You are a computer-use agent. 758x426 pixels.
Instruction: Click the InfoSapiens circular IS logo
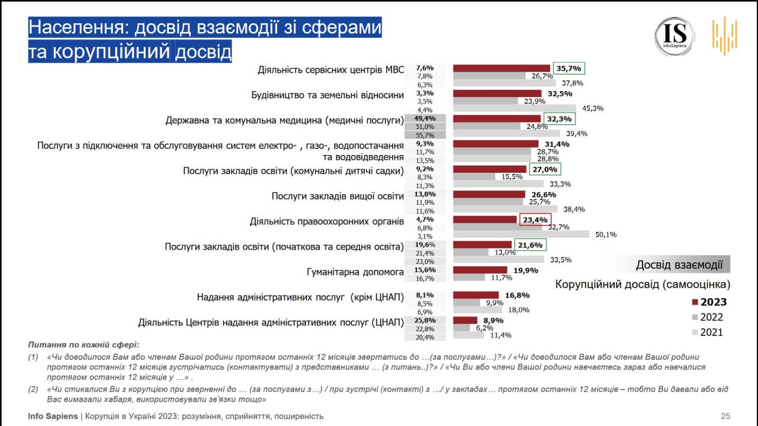click(x=674, y=36)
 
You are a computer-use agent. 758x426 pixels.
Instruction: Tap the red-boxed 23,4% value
click(x=535, y=220)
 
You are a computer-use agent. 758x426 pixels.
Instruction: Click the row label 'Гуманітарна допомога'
click(x=355, y=272)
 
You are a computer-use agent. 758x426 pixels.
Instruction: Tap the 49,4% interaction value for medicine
click(x=426, y=118)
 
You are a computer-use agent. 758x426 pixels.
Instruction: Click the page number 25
click(x=725, y=416)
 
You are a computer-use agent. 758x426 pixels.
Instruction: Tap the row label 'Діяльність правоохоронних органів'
click(x=327, y=222)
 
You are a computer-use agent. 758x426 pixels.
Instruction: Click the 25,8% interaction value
click(x=426, y=320)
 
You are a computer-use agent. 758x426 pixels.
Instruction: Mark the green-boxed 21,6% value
click(x=531, y=245)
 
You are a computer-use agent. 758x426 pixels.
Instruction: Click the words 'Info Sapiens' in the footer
click(x=53, y=416)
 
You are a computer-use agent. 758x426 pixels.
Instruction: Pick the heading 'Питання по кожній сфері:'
click(x=82, y=344)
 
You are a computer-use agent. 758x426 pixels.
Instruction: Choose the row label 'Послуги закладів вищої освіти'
click(x=338, y=196)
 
